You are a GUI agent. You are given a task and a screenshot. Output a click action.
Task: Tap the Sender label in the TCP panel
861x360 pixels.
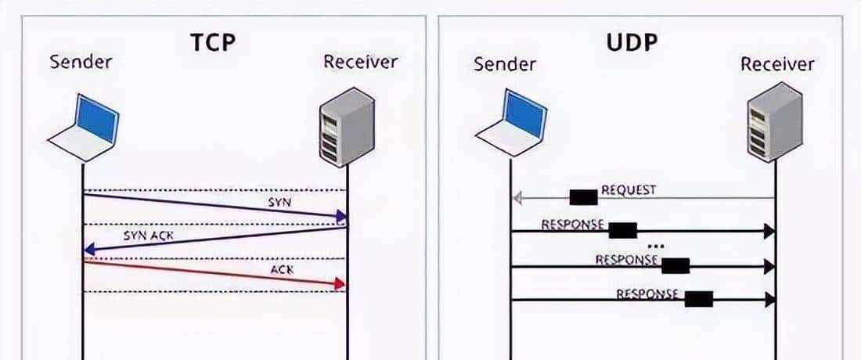pyautogui.click(x=81, y=63)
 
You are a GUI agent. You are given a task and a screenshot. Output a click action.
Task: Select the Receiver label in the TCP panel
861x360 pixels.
pyautogui.click(x=360, y=63)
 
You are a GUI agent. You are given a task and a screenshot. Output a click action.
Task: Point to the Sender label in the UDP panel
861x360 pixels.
pyautogui.click(x=505, y=63)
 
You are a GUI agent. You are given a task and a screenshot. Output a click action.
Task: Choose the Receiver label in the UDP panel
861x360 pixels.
pyautogui.click(x=778, y=63)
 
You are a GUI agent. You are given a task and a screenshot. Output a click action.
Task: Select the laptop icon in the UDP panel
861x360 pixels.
pyautogui.click(x=510, y=124)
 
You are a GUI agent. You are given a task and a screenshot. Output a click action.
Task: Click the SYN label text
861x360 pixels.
pyautogui.click(x=279, y=203)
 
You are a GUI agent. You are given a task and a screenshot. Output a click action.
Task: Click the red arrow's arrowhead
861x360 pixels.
pyautogui.click(x=340, y=283)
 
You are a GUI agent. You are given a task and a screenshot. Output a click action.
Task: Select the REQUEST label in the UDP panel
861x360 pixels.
pyautogui.click(x=628, y=190)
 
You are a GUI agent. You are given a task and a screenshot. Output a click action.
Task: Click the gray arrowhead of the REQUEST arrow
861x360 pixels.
pyautogui.click(x=517, y=199)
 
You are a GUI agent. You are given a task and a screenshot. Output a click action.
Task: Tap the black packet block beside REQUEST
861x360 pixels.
pyautogui.click(x=583, y=197)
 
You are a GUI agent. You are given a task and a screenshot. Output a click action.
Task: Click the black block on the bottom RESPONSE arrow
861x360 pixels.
pyautogui.click(x=698, y=298)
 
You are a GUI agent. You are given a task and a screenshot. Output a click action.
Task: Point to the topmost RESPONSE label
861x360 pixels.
pyautogui.click(x=573, y=225)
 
